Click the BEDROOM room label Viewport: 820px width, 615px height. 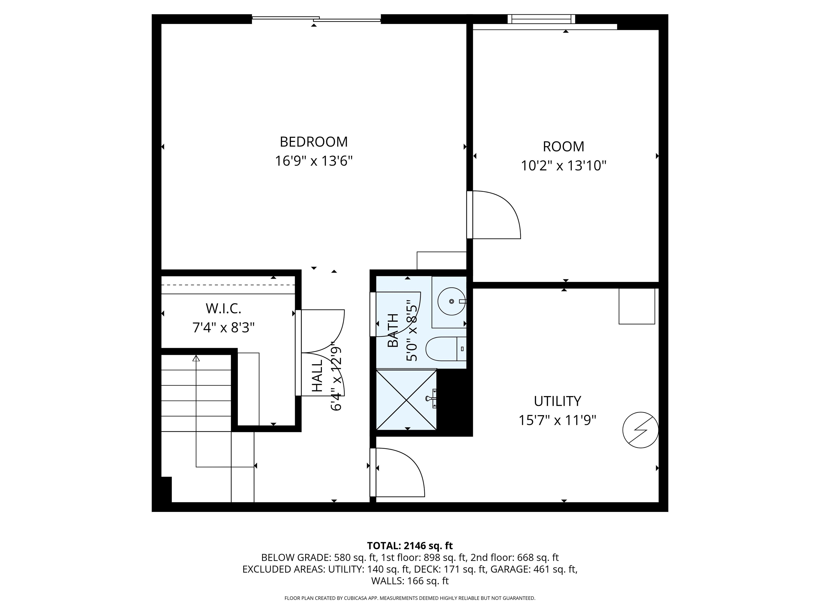click(314, 142)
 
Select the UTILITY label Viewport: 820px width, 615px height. click(557, 401)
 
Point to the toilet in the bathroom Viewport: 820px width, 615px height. click(445, 349)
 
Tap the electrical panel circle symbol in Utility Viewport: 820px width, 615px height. click(640, 430)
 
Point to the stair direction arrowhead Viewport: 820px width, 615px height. click(196, 358)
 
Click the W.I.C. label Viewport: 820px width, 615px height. click(223, 308)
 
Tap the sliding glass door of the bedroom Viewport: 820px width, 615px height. click(316, 18)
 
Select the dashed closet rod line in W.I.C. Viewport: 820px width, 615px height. click(228, 285)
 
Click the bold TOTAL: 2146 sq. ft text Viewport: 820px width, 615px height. click(410, 546)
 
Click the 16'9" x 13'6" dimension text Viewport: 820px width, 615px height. click(314, 161)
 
